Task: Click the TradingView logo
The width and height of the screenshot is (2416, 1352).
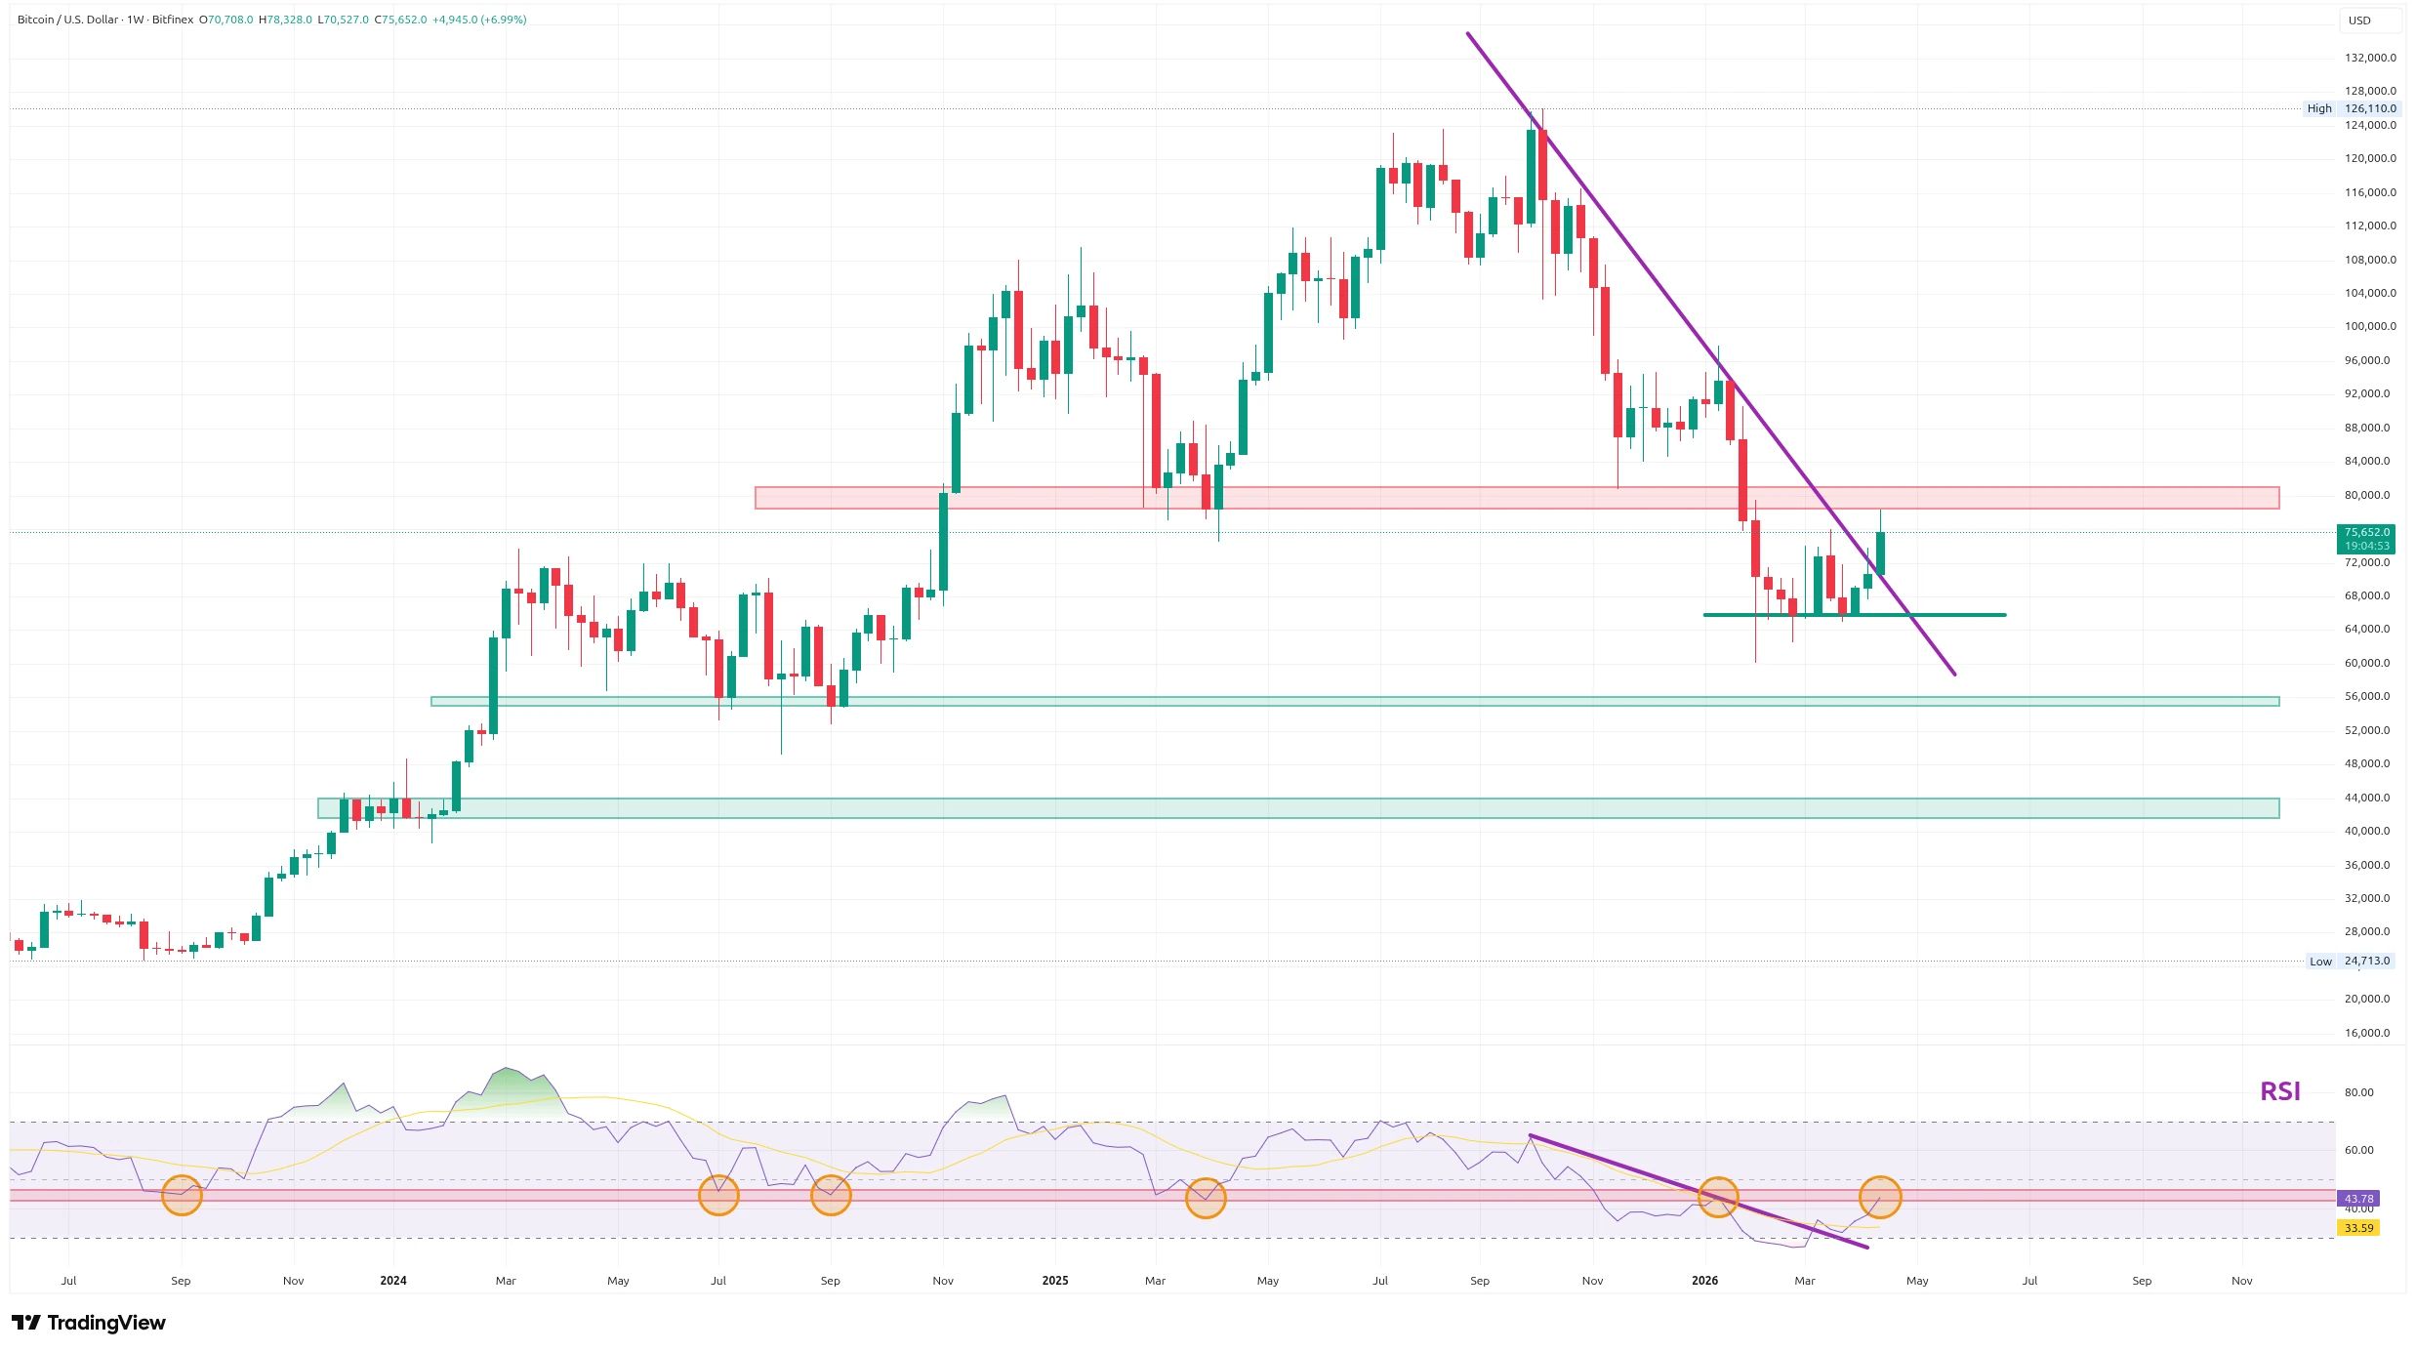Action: pos(89,1323)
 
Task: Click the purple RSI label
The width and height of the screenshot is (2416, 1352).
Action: pos(2279,1091)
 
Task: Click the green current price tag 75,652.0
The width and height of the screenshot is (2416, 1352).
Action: pos(2366,533)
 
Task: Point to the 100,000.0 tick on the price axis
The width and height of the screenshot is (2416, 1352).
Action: pos(2367,326)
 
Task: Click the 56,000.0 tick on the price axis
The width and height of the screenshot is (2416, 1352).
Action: pos(2367,696)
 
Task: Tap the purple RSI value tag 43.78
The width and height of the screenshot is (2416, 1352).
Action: pos(2358,1199)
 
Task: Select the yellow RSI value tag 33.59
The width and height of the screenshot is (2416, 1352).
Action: pos(2358,1228)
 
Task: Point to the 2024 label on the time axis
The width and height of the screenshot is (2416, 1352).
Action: pos(393,1281)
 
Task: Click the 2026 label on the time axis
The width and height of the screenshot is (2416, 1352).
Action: pos(1704,1281)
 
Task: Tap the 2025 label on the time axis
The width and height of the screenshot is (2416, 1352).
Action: pos(1055,1281)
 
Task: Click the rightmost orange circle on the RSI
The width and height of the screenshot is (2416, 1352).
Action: pos(1880,1197)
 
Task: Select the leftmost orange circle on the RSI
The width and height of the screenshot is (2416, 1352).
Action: pos(182,1195)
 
